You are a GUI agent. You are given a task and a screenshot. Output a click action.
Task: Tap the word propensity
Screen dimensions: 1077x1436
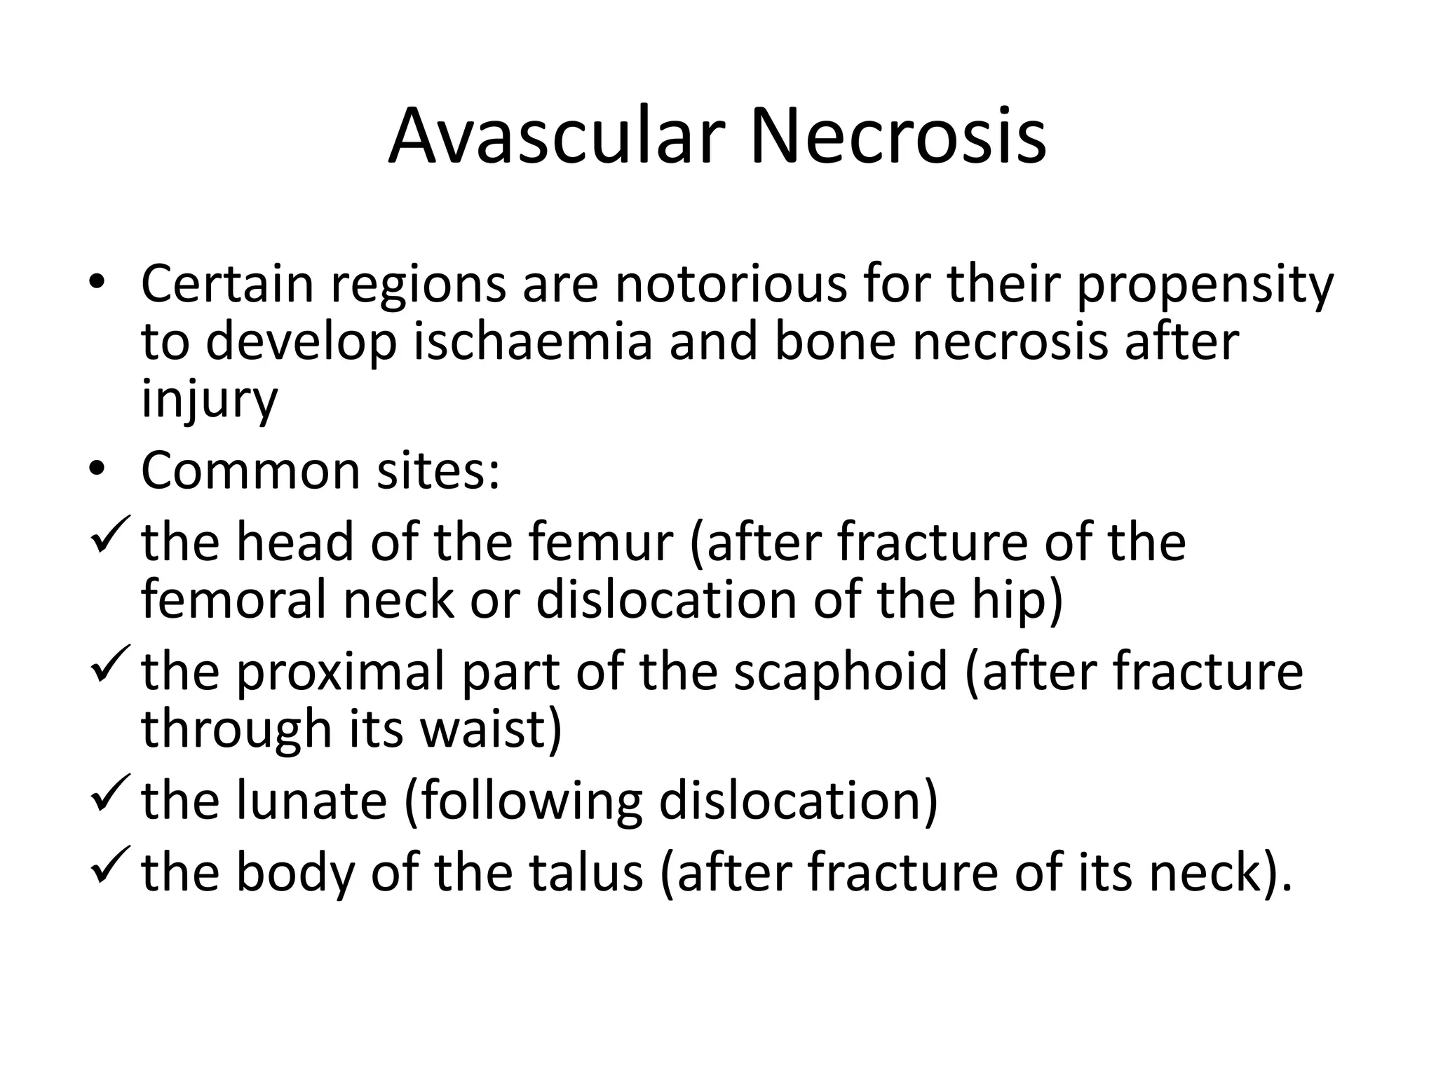(1205, 286)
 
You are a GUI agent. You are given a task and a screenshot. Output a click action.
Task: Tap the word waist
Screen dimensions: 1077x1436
(491, 729)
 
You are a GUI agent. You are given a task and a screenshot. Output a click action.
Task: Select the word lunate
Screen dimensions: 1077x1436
(311, 801)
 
